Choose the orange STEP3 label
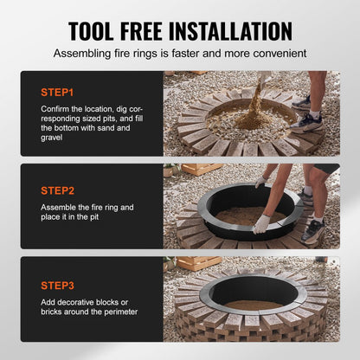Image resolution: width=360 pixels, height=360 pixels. pos(57,283)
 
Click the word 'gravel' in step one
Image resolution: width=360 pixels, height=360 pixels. pos(53,138)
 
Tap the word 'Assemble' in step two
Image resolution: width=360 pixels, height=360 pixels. pos(61,209)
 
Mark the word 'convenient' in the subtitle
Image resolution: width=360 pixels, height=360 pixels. pos(276,53)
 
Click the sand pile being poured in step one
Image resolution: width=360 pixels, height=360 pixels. pos(246,121)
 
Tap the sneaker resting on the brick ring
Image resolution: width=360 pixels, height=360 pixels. pos(305,121)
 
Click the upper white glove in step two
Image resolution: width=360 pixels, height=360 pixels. pos(260,181)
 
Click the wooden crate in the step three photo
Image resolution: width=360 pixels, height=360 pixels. pos(192,261)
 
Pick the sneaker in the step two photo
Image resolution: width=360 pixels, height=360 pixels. pos(312,230)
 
